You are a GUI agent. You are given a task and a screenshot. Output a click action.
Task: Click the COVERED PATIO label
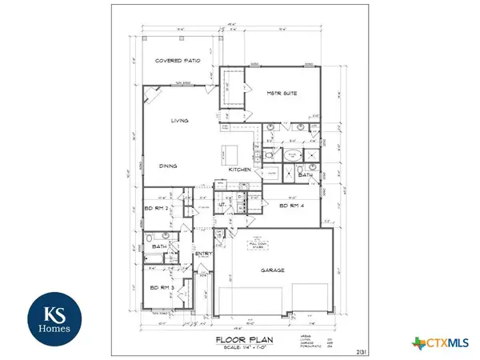tap(178, 61)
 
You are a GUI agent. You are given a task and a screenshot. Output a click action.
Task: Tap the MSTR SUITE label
tap(282, 94)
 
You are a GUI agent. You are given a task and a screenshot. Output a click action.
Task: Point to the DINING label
tap(166, 166)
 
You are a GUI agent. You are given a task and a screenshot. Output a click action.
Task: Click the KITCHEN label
tap(241, 170)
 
